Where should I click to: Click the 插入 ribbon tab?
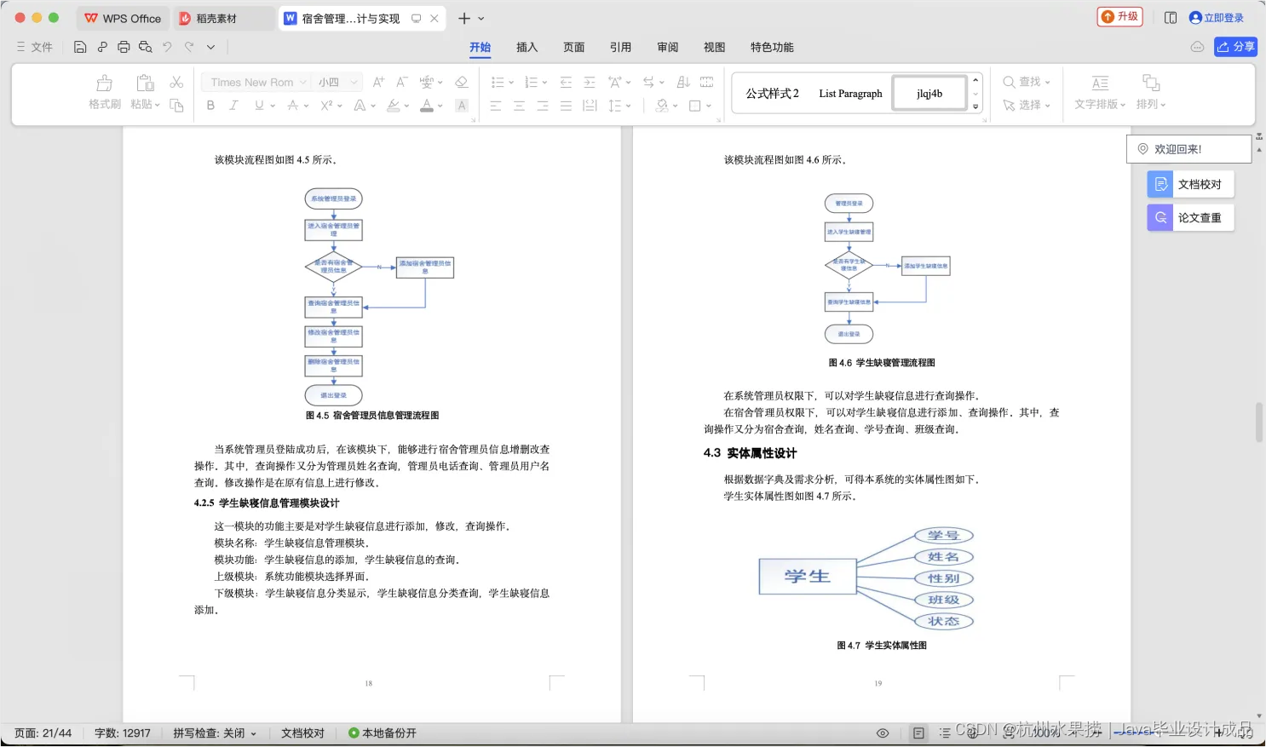click(x=527, y=48)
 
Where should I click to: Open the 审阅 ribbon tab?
click(x=667, y=48)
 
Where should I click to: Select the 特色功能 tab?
click(x=771, y=48)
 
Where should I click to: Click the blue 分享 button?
click(x=1235, y=47)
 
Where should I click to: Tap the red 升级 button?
click(x=1119, y=17)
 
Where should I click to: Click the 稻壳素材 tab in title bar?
click(x=216, y=19)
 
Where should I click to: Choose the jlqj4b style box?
click(x=929, y=94)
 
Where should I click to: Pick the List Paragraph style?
click(x=850, y=94)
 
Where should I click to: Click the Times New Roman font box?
click(x=252, y=83)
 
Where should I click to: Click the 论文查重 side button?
click(x=1190, y=218)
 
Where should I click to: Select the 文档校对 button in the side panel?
click(x=1190, y=185)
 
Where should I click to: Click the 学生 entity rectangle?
click(x=807, y=577)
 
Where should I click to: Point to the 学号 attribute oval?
click(x=943, y=536)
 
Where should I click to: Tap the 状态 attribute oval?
click(x=943, y=622)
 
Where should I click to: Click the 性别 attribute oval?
click(x=943, y=578)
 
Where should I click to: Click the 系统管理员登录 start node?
click(x=333, y=199)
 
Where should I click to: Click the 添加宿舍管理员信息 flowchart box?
click(x=425, y=267)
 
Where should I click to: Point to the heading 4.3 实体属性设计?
click(x=751, y=453)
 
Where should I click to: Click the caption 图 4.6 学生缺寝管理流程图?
click(x=882, y=363)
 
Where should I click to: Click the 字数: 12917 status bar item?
click(x=123, y=733)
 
